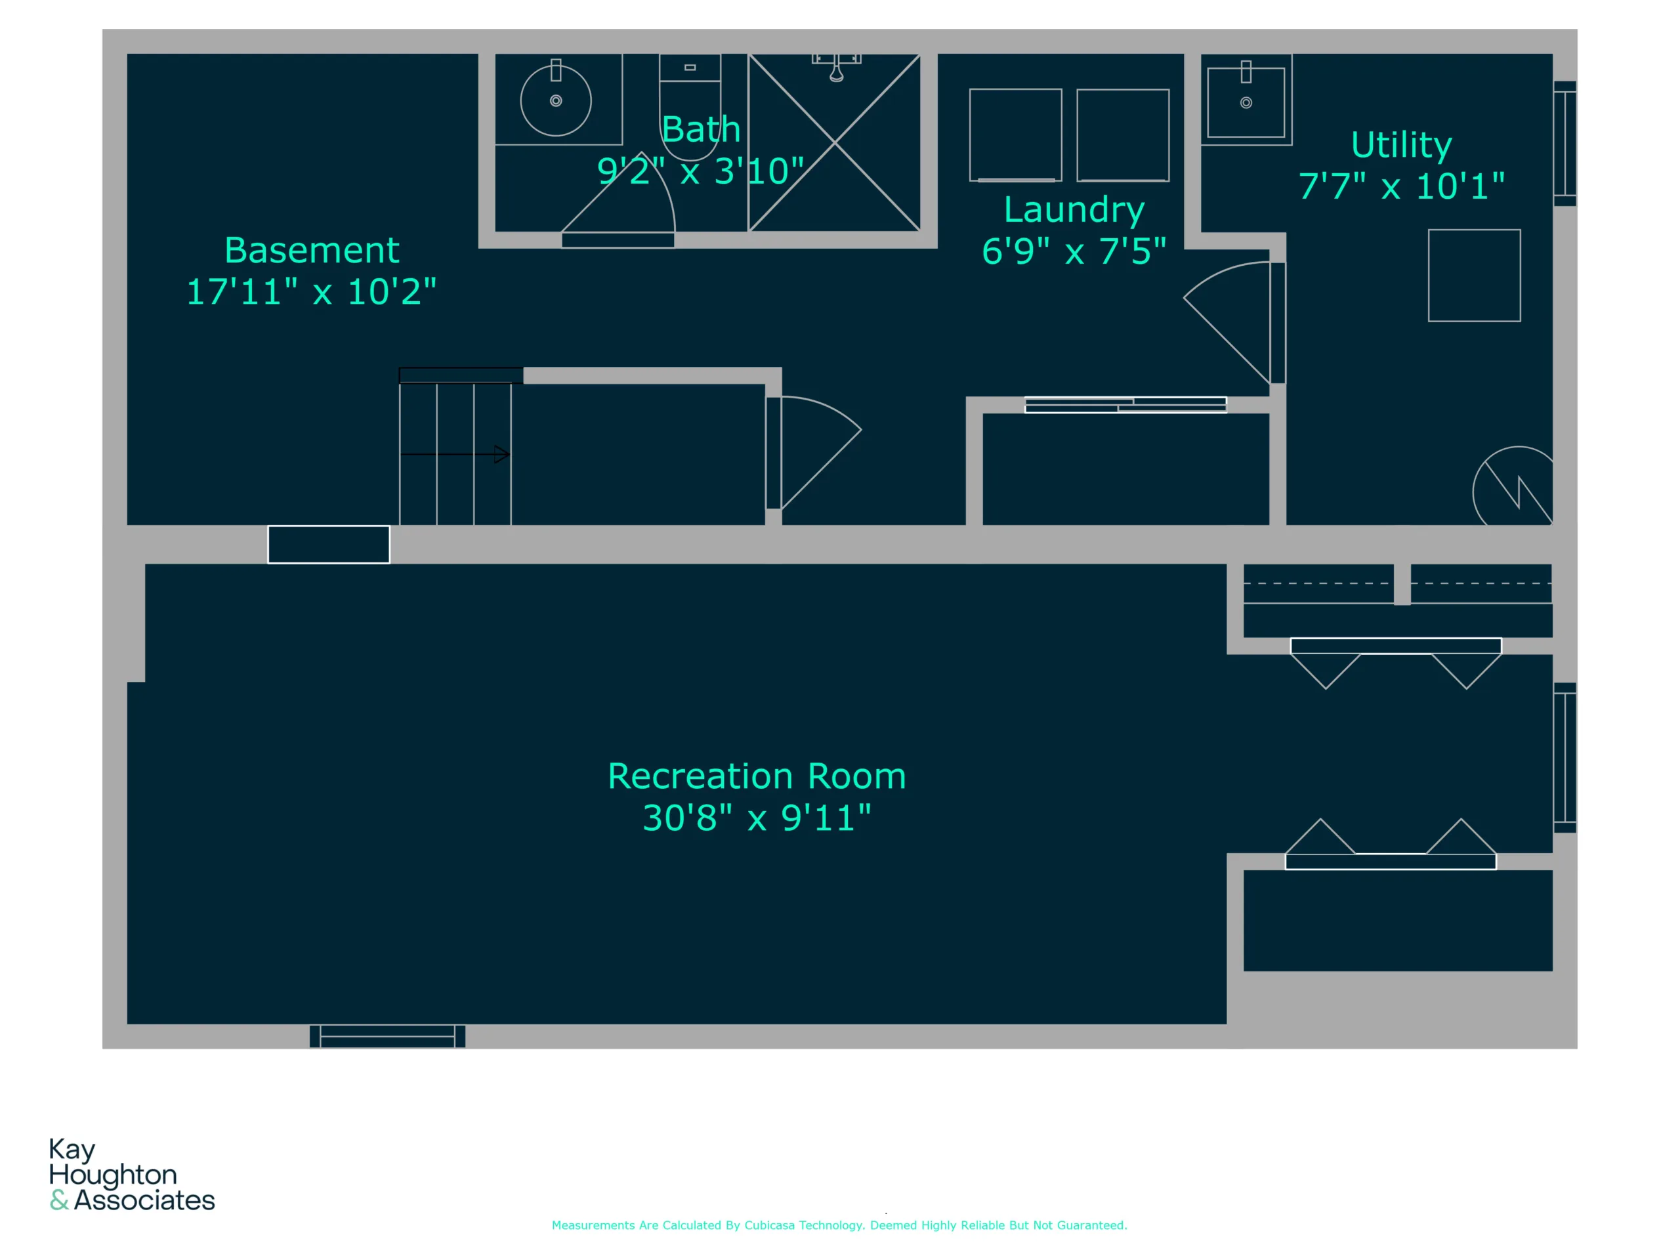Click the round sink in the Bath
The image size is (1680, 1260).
coord(556,100)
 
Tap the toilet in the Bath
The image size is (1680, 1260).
coord(690,106)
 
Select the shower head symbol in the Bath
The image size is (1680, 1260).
coord(836,67)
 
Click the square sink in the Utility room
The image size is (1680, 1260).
coord(1246,102)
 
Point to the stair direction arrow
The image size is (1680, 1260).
coord(454,454)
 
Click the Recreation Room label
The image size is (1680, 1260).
coord(757,776)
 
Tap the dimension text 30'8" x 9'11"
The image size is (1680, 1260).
coord(757,818)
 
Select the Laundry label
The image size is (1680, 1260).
coord(1074,211)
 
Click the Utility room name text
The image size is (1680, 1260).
coord(1401,145)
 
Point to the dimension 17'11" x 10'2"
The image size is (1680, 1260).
coord(312,291)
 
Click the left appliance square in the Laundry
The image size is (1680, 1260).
coord(1015,135)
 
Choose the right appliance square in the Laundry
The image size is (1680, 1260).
coord(1123,135)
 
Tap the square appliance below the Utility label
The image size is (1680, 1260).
coord(1474,276)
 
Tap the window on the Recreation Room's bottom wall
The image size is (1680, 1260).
coord(387,1036)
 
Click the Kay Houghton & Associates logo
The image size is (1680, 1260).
coord(132,1174)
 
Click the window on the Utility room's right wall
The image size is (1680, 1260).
coord(1564,144)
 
